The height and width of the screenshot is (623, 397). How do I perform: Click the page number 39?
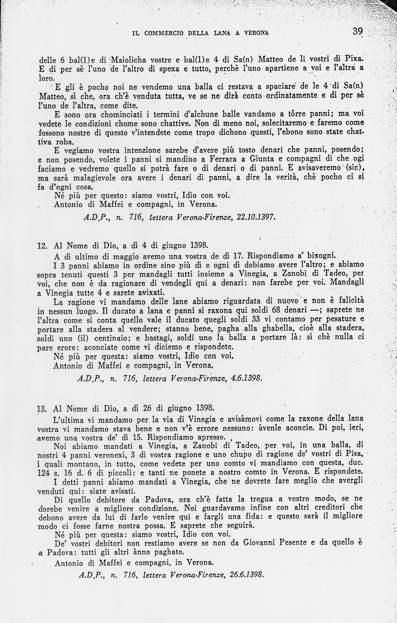tap(358, 32)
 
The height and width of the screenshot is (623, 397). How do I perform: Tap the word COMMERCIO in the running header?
tap(164, 33)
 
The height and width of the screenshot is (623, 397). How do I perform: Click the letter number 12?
tap(42, 246)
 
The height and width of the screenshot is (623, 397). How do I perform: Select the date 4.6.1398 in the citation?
tap(246, 378)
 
